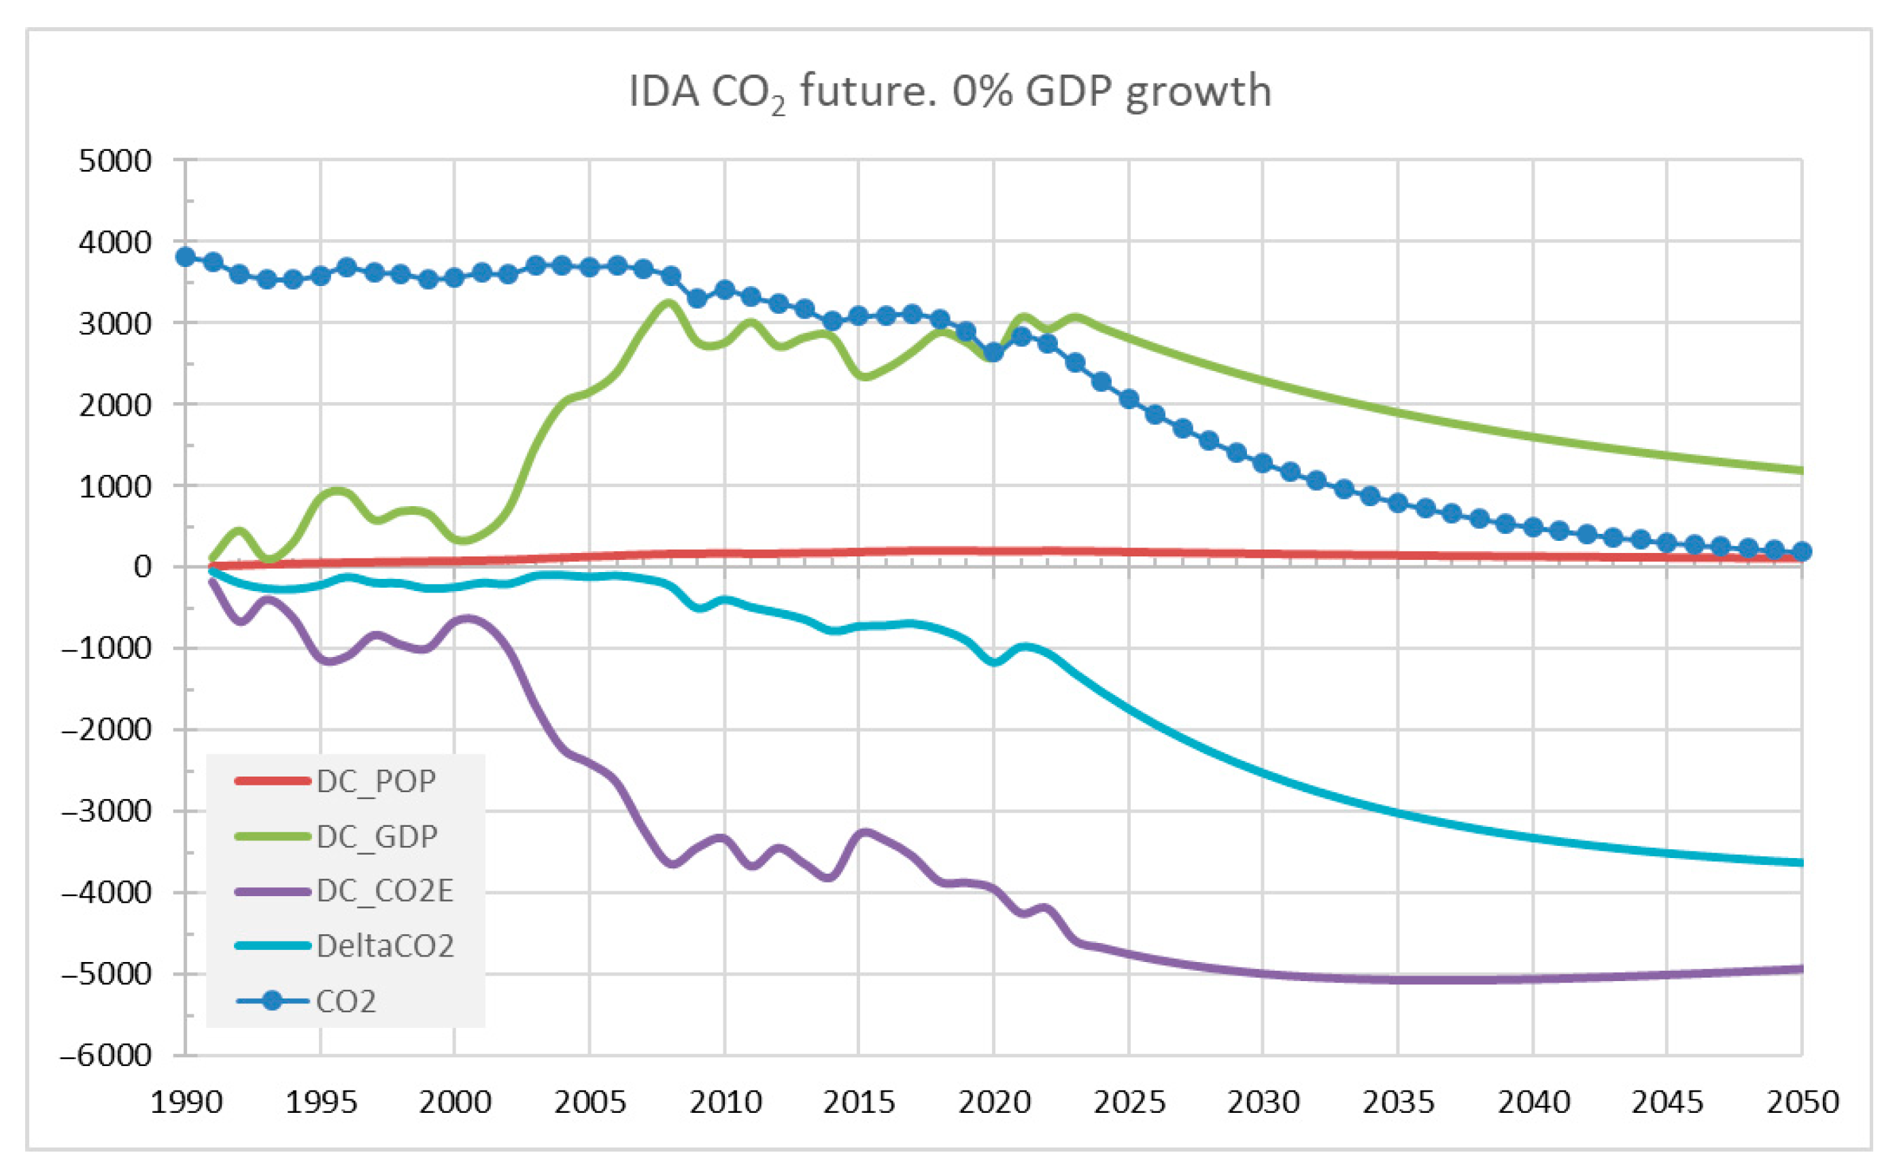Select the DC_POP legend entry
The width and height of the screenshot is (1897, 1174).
(336, 781)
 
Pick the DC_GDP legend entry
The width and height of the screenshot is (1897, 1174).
(337, 836)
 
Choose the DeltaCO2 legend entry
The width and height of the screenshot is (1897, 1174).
(344, 946)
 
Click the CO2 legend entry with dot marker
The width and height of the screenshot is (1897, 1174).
(306, 1001)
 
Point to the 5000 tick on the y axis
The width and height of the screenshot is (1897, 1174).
(115, 161)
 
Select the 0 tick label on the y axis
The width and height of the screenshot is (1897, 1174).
(142, 567)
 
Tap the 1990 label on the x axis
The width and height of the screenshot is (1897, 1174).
(186, 1103)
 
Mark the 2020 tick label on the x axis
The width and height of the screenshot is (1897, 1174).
(993, 1103)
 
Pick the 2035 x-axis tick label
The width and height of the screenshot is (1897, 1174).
(1397, 1103)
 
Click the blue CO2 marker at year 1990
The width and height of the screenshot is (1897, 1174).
(186, 257)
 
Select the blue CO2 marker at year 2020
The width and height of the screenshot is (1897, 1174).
(993, 353)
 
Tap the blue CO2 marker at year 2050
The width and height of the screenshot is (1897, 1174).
(1802, 551)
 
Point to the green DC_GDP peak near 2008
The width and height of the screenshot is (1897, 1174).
(669, 303)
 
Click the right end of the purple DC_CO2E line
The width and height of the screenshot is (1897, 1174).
(1801, 969)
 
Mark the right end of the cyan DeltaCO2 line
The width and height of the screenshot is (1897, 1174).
(1801, 863)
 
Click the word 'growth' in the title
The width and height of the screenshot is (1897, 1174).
(1198, 92)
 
